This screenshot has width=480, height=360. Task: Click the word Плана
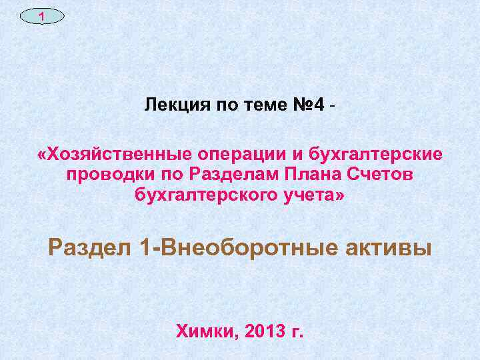point(311,175)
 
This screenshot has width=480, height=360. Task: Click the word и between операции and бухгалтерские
point(297,155)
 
